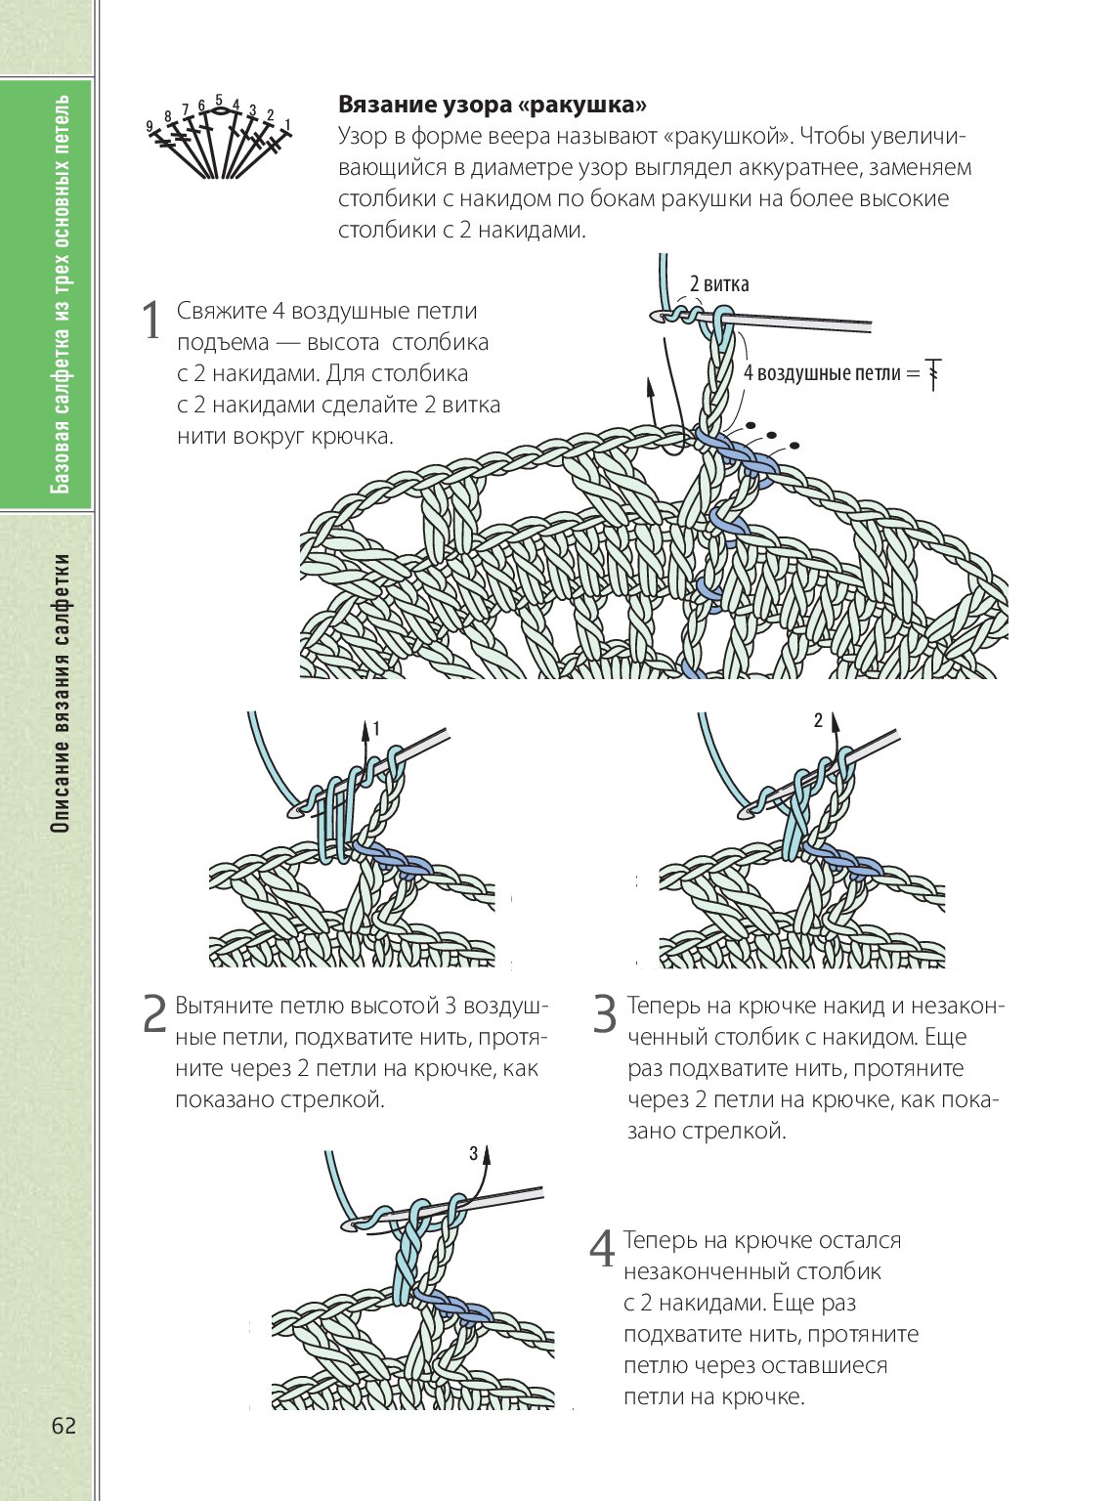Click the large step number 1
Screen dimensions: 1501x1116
(x=151, y=321)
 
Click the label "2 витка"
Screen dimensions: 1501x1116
(x=719, y=284)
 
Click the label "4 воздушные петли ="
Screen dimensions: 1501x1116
(x=832, y=373)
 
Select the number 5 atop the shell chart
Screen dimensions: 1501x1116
(x=219, y=100)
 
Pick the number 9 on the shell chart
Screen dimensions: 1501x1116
(x=150, y=126)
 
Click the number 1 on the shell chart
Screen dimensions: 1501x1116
(x=287, y=123)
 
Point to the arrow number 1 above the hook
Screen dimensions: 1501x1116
(x=376, y=728)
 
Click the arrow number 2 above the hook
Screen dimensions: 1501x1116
(x=819, y=722)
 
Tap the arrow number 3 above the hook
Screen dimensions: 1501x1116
(x=474, y=1154)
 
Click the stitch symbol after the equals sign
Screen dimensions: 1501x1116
(x=934, y=373)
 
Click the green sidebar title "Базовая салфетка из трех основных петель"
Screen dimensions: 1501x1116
(x=61, y=293)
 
